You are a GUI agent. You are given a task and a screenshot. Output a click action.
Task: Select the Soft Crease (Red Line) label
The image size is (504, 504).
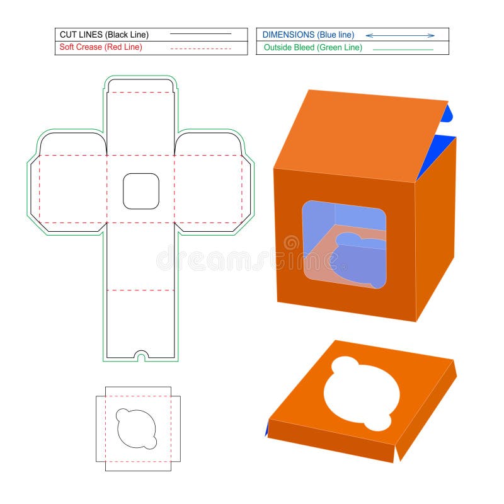point(101,47)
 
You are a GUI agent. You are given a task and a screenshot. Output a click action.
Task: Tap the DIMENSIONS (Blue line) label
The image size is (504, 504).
point(308,35)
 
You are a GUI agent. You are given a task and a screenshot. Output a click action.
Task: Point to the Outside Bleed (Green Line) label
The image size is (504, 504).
point(312,47)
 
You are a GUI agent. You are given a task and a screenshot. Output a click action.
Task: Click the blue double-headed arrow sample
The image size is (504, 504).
point(400,35)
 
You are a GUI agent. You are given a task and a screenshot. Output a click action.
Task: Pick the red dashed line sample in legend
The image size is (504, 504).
point(201,48)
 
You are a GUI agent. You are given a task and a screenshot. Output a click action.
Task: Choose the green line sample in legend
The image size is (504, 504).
point(403,49)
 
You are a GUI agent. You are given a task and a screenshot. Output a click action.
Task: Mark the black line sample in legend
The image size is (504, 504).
point(201,33)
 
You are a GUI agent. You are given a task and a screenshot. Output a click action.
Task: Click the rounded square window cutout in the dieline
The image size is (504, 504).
point(141,191)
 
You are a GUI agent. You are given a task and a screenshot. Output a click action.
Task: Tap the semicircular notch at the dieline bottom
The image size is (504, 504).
point(141,355)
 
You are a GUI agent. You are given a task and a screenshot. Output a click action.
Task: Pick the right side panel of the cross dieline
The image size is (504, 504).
point(208,188)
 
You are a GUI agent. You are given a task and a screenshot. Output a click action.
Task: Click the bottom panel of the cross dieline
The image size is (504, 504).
point(141,321)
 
